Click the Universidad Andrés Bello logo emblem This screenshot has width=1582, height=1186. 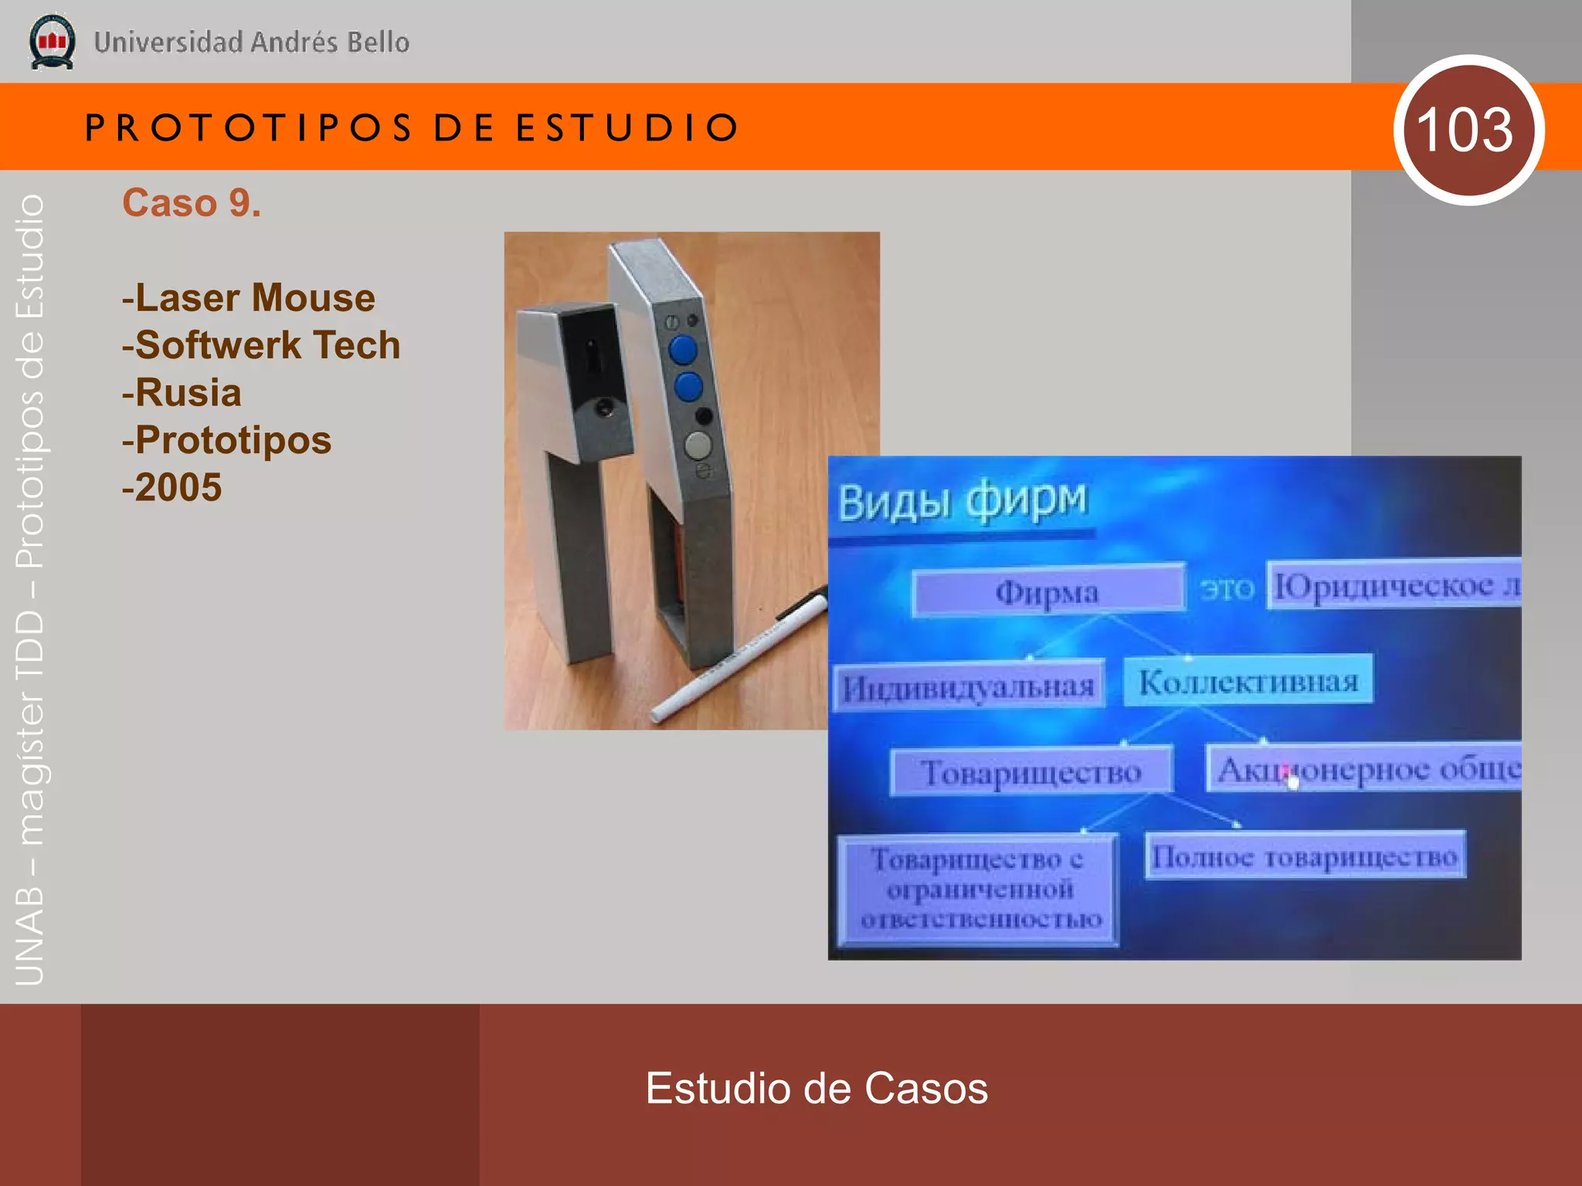tap(52, 42)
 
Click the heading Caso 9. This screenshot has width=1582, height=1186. tap(192, 203)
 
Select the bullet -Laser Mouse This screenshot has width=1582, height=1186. tap(249, 298)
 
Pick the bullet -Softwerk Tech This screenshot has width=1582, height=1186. tap(261, 345)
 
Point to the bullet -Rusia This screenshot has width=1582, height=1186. tap(182, 393)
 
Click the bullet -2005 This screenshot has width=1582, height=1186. tap(172, 488)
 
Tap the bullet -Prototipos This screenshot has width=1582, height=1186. tap(227, 440)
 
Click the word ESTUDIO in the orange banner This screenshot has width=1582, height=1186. tap(627, 127)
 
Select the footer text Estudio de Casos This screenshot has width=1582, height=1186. tap(816, 1088)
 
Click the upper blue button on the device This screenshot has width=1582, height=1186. tap(683, 349)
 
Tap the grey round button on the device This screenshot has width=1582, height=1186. tap(698, 446)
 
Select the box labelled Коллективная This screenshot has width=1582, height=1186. tap(1248, 681)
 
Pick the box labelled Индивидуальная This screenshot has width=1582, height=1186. tap(969, 686)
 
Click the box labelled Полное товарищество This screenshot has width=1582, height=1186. tap(1304, 856)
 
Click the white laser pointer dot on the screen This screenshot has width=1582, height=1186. tap(1294, 782)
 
